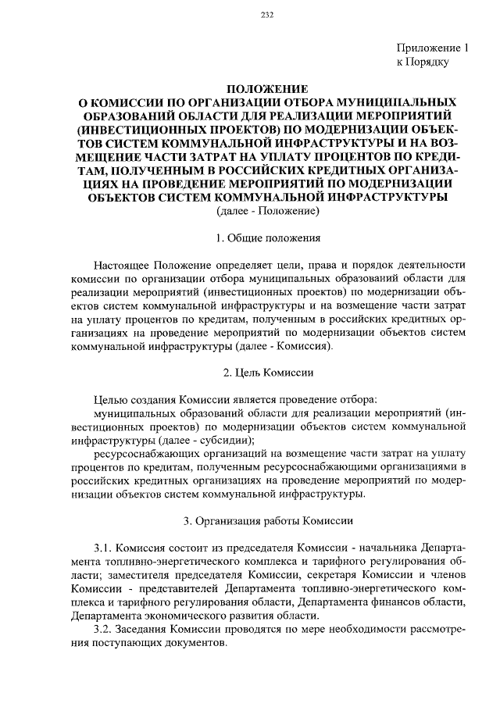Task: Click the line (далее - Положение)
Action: coord(265,211)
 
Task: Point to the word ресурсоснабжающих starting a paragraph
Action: coord(141,454)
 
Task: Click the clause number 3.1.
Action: coord(103,548)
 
